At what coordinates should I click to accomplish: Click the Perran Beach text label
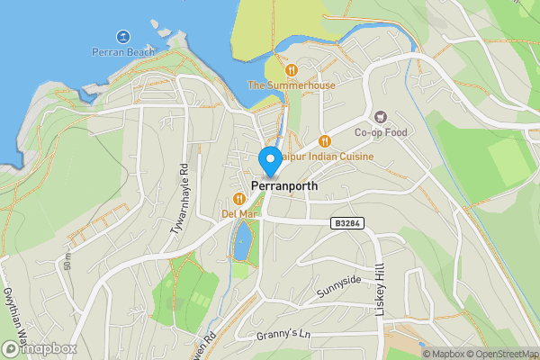(122, 52)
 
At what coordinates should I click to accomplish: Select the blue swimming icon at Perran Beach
(122, 37)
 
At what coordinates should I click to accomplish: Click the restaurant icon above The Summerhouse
(291, 69)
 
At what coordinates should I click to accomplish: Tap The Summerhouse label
(291, 85)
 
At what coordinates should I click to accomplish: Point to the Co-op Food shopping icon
(381, 118)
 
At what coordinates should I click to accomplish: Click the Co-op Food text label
(381, 133)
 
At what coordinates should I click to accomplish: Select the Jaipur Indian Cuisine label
(327, 156)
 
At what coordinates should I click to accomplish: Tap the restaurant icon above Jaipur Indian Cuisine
(325, 140)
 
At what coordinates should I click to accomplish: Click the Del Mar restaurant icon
(239, 199)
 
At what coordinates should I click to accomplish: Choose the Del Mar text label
(239, 214)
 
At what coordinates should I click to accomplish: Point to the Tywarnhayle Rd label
(178, 199)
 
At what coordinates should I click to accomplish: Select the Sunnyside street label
(338, 288)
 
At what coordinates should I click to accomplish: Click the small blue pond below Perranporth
(242, 242)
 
